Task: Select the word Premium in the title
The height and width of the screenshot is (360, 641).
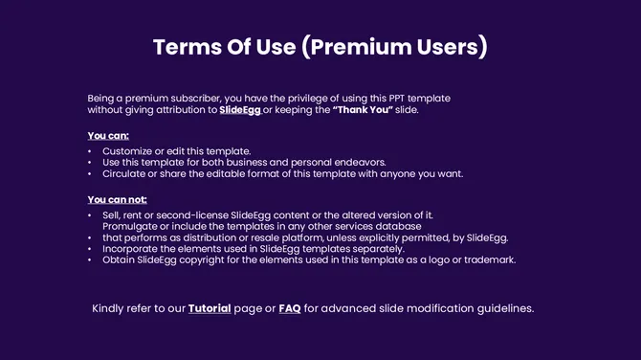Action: [359, 48]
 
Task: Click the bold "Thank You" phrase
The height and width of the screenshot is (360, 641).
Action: [364, 111]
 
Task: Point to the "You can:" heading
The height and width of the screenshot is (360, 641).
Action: [108, 136]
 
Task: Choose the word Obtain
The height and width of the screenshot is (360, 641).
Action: [121, 259]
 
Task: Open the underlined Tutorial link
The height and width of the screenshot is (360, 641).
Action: [210, 308]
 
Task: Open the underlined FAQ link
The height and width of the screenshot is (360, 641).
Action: [290, 308]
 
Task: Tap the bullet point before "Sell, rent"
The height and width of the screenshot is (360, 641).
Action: [90, 215]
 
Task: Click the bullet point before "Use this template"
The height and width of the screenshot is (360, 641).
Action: [90, 163]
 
